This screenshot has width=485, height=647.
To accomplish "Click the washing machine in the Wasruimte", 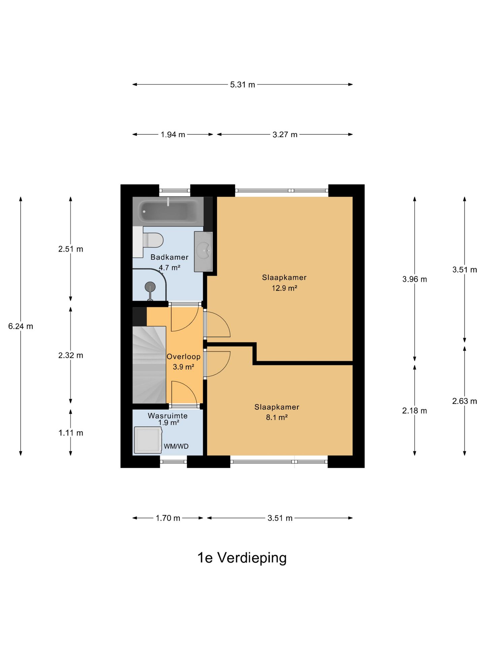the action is (148, 440).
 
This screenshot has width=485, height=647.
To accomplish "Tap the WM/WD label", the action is (176, 446).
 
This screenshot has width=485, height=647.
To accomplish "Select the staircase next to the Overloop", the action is (149, 365).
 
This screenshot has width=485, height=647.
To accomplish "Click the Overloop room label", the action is (184, 357).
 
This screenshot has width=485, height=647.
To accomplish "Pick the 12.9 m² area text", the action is (285, 288).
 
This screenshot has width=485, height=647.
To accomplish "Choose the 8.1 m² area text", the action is (277, 418).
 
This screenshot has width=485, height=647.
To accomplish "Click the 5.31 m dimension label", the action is (243, 85).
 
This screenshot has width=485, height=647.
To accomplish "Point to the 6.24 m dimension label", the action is (21, 326).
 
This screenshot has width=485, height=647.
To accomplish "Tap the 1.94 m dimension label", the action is (173, 134).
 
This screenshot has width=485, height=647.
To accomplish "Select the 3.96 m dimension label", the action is (415, 279).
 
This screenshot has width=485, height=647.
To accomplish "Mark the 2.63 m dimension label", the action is (464, 401).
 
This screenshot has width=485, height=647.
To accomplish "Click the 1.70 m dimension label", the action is (168, 518).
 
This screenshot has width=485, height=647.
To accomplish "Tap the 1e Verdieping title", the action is (242, 558).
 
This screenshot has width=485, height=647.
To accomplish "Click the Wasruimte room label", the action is (168, 416).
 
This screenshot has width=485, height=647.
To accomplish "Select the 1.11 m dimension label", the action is (71, 433).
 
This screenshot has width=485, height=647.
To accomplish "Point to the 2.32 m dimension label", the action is (71, 355).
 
